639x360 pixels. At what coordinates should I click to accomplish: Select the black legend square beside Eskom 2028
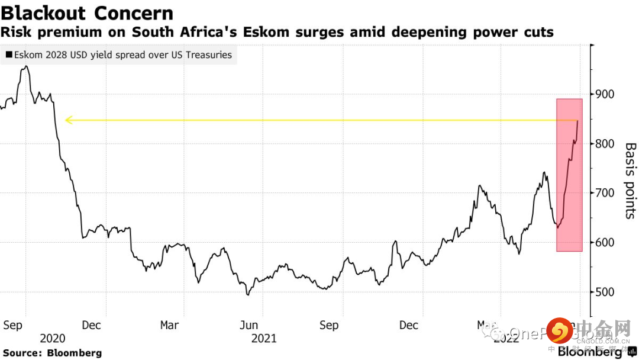[9, 55]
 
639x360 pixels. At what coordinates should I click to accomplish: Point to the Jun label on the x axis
[249, 325]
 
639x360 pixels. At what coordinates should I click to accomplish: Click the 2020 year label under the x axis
[52, 339]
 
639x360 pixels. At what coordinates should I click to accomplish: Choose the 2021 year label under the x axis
[263, 339]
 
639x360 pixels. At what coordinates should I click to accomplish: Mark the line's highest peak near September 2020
[25, 67]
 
